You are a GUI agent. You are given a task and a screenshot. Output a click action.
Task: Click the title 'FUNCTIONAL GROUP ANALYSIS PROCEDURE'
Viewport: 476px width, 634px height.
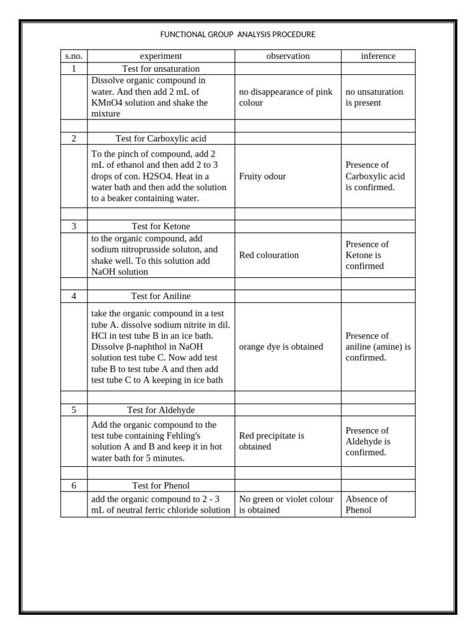point(238,35)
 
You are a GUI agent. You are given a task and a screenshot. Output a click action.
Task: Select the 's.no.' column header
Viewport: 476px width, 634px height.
point(74,56)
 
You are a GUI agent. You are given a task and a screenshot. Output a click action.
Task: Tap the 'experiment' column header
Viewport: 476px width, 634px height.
point(161,56)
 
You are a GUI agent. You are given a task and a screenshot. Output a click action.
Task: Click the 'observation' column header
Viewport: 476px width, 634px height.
point(288,56)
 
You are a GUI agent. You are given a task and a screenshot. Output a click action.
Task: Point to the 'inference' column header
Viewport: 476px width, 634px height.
point(378,56)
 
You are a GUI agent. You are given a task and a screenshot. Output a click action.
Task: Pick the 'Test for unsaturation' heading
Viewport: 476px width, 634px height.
point(161,69)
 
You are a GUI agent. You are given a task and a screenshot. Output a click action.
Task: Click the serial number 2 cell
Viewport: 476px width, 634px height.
point(74,139)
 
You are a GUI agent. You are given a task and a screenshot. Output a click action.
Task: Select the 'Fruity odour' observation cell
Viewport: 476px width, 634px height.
point(262,176)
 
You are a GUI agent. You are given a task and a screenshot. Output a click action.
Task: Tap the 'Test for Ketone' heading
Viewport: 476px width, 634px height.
point(161,227)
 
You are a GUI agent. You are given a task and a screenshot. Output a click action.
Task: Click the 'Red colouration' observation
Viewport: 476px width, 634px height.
point(268,255)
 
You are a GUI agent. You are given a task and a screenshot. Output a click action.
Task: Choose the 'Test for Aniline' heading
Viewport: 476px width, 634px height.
point(161,297)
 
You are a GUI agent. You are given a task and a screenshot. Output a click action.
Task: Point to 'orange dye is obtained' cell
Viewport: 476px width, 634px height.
point(281,347)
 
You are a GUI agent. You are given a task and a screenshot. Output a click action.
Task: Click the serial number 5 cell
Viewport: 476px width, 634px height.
point(74,410)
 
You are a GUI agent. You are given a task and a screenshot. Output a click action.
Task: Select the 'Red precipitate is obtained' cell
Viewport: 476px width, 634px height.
point(271,441)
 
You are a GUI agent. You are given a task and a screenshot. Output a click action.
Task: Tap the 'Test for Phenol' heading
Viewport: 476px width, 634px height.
point(161,486)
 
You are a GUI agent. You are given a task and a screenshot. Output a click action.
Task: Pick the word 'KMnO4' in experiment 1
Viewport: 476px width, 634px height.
point(105,103)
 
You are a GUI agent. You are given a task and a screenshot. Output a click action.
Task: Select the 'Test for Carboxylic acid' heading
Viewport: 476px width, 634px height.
point(161,139)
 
